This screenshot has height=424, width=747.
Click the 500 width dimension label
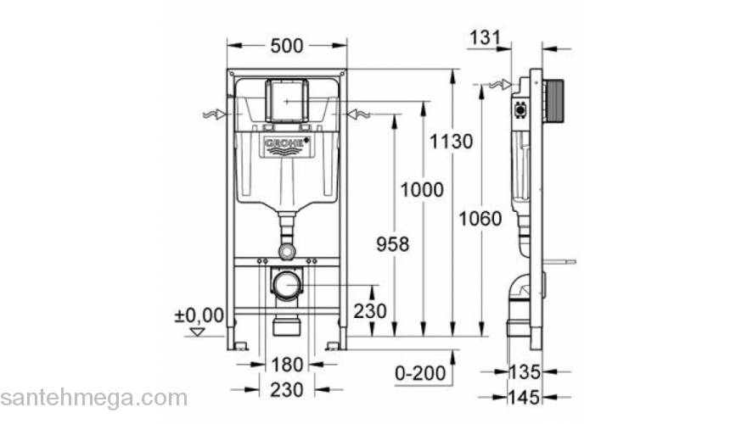click(286, 47)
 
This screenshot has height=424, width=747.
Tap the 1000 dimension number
click(421, 190)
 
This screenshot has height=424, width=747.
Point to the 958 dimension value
click(391, 244)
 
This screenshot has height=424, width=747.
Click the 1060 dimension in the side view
click(480, 219)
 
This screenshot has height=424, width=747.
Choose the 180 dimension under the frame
click(287, 365)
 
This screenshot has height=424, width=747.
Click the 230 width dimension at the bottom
click(287, 389)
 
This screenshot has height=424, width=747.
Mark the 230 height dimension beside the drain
click(370, 311)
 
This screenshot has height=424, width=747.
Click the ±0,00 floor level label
click(199, 315)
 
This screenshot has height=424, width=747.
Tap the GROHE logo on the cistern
click(287, 146)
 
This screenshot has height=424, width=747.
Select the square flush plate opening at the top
click(287, 100)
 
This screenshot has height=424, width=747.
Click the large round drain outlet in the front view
click(287, 284)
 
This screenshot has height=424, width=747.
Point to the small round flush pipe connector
click(287, 251)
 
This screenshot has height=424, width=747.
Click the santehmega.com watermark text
click(93, 398)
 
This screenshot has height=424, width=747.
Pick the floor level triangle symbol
click(198, 332)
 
